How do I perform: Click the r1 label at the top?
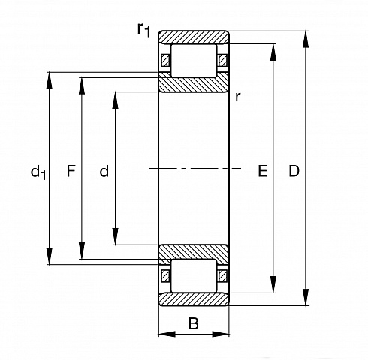pyautogui.click(x=144, y=30)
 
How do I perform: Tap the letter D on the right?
pyautogui.click(x=294, y=171)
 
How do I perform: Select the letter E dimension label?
pyautogui.click(x=263, y=171)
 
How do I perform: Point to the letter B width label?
pyautogui.click(x=194, y=323)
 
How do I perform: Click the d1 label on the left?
pyautogui.click(x=38, y=172)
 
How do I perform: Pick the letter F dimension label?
pyautogui.click(x=71, y=171)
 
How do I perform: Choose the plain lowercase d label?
pyautogui.click(x=104, y=171)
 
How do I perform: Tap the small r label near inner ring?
pyautogui.click(x=238, y=97)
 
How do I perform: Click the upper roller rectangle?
pyautogui.click(x=194, y=61)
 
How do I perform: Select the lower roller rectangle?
pyautogui.click(x=194, y=275)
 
